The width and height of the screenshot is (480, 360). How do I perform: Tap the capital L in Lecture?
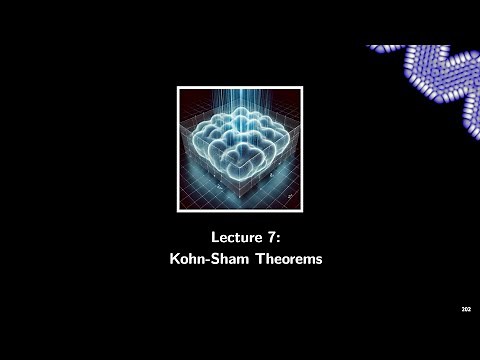point(214,238)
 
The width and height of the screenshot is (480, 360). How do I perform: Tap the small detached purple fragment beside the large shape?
point(377,47)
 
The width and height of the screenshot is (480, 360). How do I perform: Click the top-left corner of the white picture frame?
point(179,88)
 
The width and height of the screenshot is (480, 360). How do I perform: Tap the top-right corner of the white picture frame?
point(302,88)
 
